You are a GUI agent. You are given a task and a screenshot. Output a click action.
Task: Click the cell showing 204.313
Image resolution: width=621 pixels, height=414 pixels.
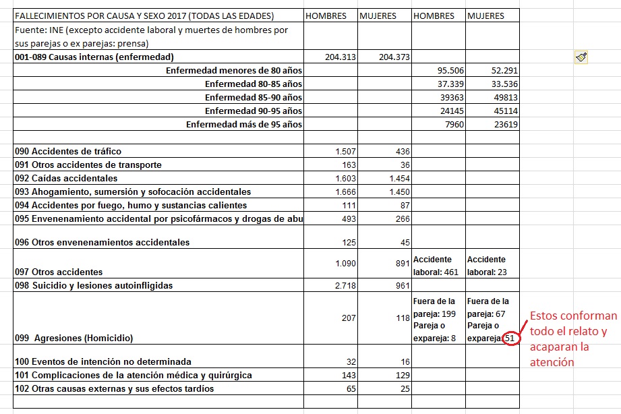click(340, 57)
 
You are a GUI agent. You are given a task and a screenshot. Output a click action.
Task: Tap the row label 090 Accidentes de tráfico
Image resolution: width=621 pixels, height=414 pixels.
click(68, 151)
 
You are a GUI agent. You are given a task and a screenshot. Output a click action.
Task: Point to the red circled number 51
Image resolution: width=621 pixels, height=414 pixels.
click(512, 338)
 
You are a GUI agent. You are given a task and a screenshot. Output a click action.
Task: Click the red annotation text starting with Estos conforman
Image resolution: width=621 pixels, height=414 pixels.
click(572, 338)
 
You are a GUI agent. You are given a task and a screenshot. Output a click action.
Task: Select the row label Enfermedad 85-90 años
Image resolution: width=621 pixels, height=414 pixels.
click(254, 97)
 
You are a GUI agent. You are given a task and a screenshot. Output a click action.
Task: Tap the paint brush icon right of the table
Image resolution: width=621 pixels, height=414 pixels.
click(581, 58)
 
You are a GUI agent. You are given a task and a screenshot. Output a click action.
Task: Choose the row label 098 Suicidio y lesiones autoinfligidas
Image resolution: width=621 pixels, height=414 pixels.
click(93, 285)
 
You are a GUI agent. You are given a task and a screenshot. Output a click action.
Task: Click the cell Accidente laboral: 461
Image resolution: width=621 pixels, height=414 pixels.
click(435, 266)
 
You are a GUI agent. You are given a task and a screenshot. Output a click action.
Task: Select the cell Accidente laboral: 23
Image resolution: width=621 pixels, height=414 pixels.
click(489, 266)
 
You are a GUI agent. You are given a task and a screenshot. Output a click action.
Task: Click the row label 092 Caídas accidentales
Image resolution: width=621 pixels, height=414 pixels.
click(66, 178)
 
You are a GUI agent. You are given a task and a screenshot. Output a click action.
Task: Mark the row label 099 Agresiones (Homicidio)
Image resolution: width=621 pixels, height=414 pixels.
click(74, 338)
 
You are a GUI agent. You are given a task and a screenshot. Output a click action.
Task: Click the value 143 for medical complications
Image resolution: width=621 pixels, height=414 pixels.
click(348, 375)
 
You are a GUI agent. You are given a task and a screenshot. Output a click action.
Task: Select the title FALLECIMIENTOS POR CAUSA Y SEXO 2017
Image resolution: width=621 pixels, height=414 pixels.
click(144, 16)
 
